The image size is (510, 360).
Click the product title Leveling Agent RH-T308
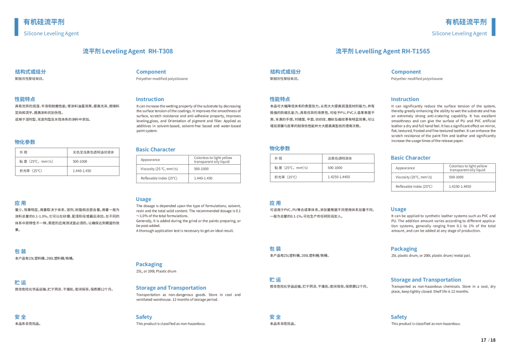click(127, 51)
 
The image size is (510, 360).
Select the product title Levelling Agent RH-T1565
click(382, 51)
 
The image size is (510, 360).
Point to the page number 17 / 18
click(488, 340)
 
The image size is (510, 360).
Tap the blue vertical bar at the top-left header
click(17, 27)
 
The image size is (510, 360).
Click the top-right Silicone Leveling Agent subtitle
click(459, 33)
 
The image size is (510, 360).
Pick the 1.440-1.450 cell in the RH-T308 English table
click(216, 178)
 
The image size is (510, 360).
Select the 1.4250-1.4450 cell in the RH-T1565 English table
click(471, 186)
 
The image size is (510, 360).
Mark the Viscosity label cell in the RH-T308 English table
click(163, 169)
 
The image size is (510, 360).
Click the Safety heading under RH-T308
click(144, 317)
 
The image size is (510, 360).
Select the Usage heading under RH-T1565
click(398, 209)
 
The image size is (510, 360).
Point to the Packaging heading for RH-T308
click(149, 264)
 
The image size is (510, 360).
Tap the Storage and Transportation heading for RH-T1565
click(425, 280)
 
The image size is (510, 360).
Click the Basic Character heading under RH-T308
click(155, 150)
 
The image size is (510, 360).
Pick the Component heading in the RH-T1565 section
click(406, 72)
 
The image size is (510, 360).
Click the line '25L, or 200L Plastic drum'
click(156, 271)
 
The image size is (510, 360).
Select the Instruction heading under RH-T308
click(150, 99)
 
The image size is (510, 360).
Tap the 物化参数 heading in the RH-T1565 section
click(280, 148)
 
